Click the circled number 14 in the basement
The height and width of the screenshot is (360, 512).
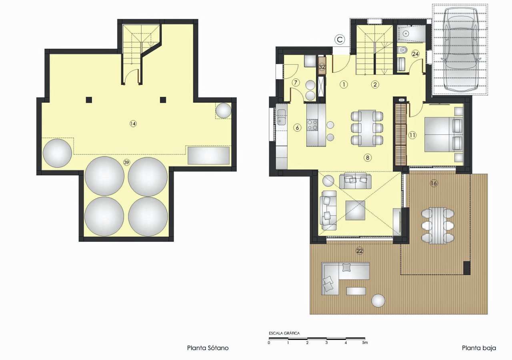(133, 124)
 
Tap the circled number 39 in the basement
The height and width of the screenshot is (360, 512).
(126, 162)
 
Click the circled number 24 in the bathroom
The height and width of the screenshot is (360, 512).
(416, 54)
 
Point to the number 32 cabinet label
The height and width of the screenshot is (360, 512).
(322, 67)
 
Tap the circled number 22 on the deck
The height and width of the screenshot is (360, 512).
(360, 250)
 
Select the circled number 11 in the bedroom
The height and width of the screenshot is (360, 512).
(413, 135)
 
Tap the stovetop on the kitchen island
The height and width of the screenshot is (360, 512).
(312, 125)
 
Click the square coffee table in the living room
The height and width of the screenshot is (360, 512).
(355, 210)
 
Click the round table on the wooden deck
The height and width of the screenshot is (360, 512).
(378, 300)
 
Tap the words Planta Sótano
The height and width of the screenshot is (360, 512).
(208, 348)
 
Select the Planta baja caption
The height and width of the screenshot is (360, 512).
(479, 348)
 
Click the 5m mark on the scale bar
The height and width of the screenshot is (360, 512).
(364, 343)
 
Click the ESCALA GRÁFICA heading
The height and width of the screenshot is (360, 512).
(284, 333)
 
